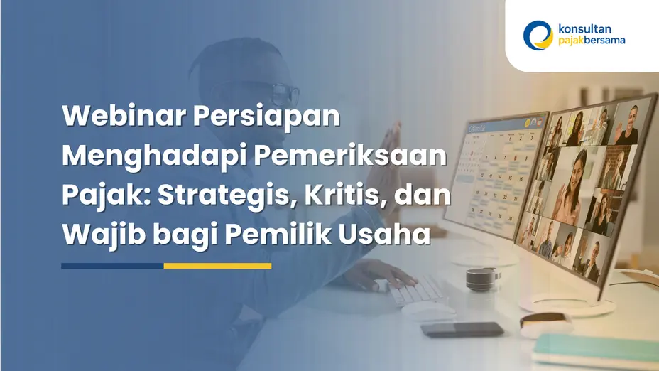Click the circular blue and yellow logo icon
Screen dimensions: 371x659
pos(538,34)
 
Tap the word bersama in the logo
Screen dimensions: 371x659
pos(602,41)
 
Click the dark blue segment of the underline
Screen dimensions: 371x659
pos(112,266)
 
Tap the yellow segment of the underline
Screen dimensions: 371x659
pos(217,266)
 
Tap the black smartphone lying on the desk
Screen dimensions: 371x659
pos(462,329)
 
